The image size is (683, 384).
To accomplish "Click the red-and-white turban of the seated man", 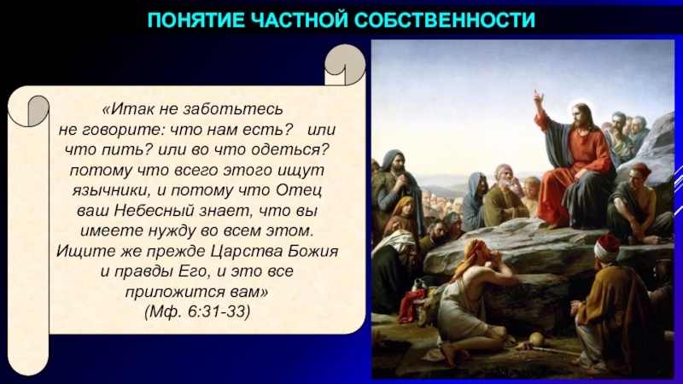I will coord(607,247).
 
